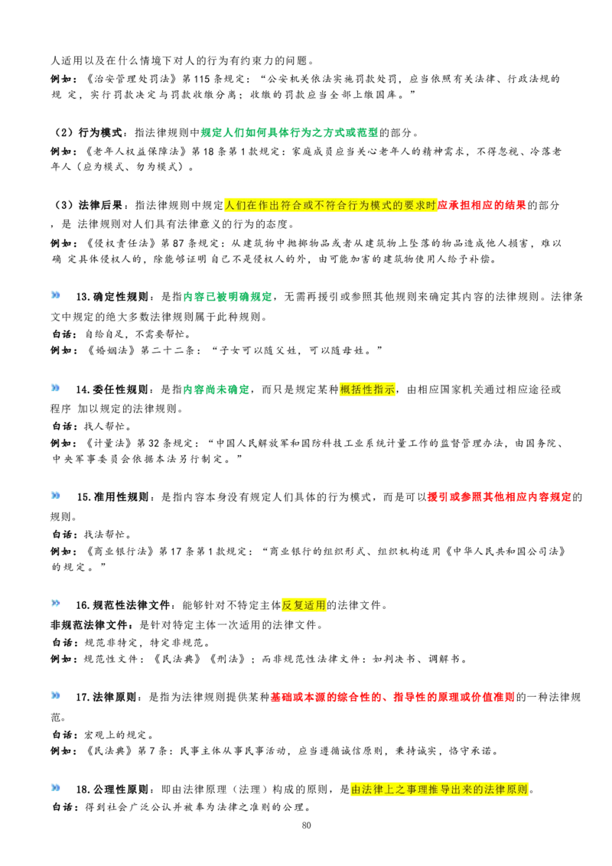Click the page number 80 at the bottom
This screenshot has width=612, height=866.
307,825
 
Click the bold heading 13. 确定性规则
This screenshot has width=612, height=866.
112,297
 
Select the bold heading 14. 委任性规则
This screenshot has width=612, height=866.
112,389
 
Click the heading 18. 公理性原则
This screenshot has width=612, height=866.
112,789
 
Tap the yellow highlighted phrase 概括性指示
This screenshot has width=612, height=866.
367,389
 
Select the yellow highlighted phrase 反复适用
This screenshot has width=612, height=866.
304,605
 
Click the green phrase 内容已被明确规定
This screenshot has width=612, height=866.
227,297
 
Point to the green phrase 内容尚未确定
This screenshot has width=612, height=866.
216,389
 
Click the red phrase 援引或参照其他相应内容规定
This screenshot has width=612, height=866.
500,497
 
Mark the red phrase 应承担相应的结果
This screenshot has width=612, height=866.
482,206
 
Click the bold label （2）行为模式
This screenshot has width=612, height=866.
88,132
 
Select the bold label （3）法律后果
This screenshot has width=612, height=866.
88,206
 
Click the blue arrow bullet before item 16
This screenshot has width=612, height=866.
55,603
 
